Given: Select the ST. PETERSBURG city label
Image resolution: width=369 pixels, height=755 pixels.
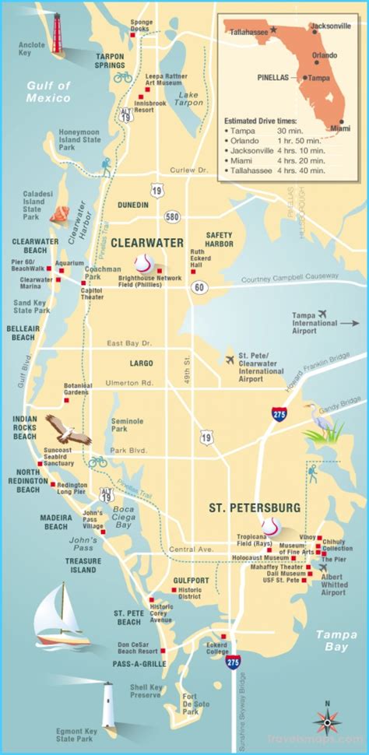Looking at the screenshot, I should click(x=255, y=507).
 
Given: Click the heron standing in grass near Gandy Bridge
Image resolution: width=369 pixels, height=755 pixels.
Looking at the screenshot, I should click(x=324, y=423).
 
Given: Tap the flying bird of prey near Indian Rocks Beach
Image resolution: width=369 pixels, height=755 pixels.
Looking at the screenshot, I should click(x=67, y=428).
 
